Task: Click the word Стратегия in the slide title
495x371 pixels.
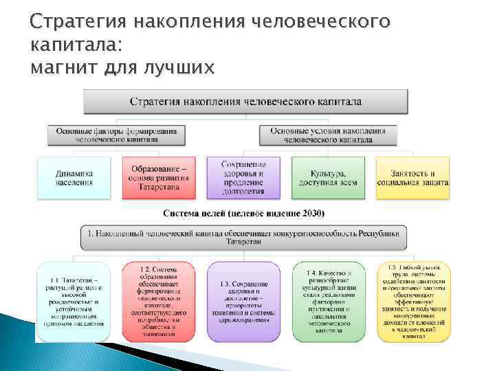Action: [73, 23]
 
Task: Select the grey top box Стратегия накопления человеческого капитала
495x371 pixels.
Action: [245, 102]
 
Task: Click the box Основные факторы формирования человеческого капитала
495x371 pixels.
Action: [116, 134]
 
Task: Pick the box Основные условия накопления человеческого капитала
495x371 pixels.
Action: [327, 134]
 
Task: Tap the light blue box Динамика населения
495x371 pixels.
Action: [74, 178]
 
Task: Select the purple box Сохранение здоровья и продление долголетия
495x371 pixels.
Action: [243, 178]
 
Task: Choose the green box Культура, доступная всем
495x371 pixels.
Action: [328, 178]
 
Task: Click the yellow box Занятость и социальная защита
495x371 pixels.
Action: [412, 178]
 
